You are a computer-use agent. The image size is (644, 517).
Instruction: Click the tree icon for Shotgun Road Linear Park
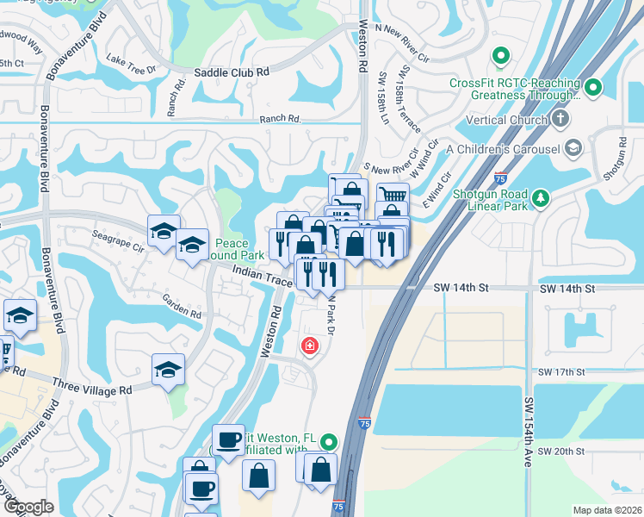(x=541, y=198)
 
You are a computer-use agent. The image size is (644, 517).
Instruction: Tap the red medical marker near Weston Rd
(x=308, y=346)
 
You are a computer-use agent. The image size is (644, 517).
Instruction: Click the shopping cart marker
(x=393, y=196)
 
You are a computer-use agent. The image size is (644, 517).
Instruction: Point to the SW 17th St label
(x=560, y=372)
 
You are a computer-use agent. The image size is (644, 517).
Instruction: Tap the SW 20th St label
(x=560, y=452)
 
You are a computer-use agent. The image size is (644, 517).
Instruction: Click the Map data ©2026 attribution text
(x=606, y=510)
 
